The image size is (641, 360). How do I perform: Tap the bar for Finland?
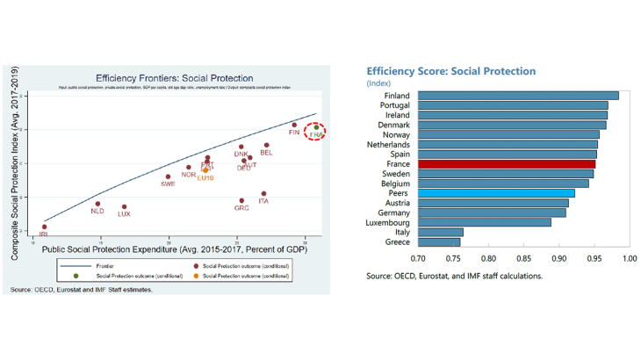tap(518, 96)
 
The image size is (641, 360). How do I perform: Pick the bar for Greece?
tap(439, 241)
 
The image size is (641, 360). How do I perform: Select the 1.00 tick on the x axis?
tap(629, 259)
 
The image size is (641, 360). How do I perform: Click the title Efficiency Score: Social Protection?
tap(450, 71)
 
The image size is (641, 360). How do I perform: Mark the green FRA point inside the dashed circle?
tap(316, 128)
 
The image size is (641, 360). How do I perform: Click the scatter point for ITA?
tap(263, 194)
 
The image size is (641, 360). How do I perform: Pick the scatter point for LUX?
tap(124, 207)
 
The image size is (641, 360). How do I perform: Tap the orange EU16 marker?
tap(205, 170)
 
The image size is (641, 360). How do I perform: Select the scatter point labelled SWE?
tap(168, 176)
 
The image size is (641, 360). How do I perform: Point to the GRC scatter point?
tap(241, 200)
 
